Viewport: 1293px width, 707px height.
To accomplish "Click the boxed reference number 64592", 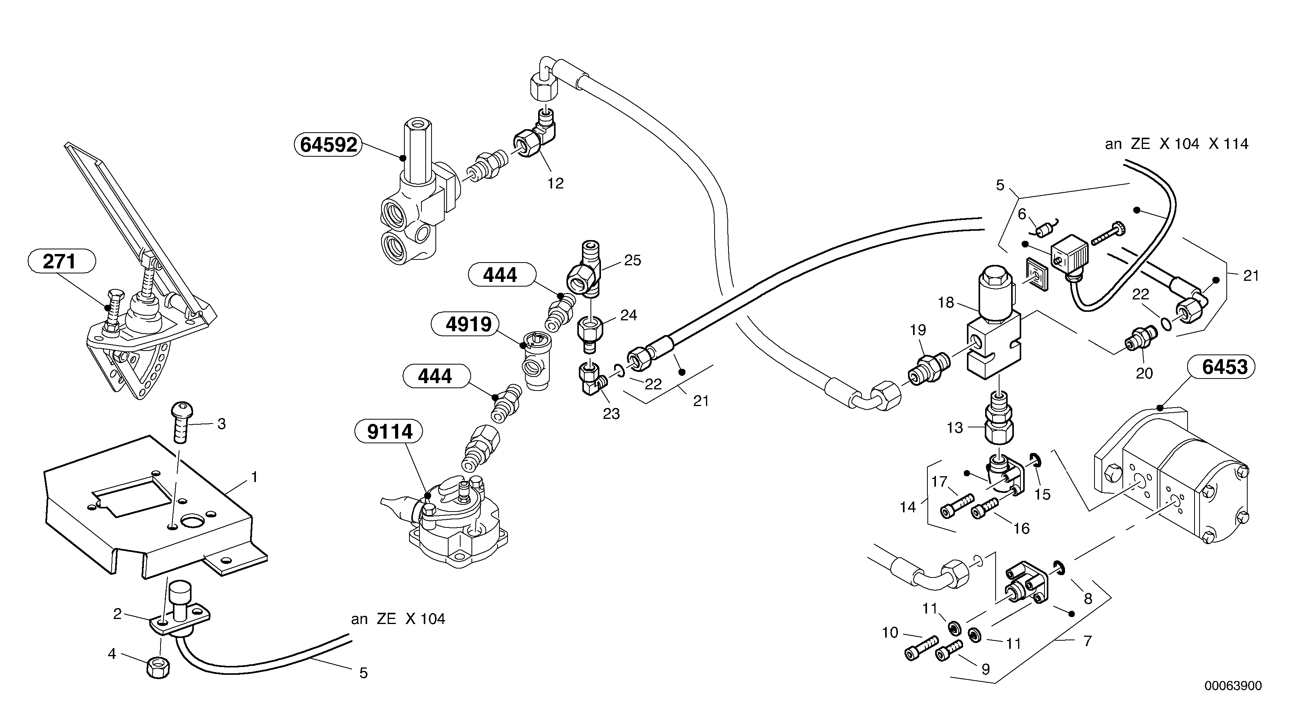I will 328,145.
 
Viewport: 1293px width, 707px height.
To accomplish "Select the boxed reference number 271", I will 59,261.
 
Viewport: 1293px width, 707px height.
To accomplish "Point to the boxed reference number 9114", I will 390,432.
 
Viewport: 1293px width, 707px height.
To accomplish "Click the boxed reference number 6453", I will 1224,367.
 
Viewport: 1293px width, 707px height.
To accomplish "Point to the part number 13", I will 954,428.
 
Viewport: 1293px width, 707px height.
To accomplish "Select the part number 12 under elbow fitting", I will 555,183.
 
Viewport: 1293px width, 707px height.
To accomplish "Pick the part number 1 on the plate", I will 254,477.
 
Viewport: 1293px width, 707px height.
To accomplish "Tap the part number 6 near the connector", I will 1022,214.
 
